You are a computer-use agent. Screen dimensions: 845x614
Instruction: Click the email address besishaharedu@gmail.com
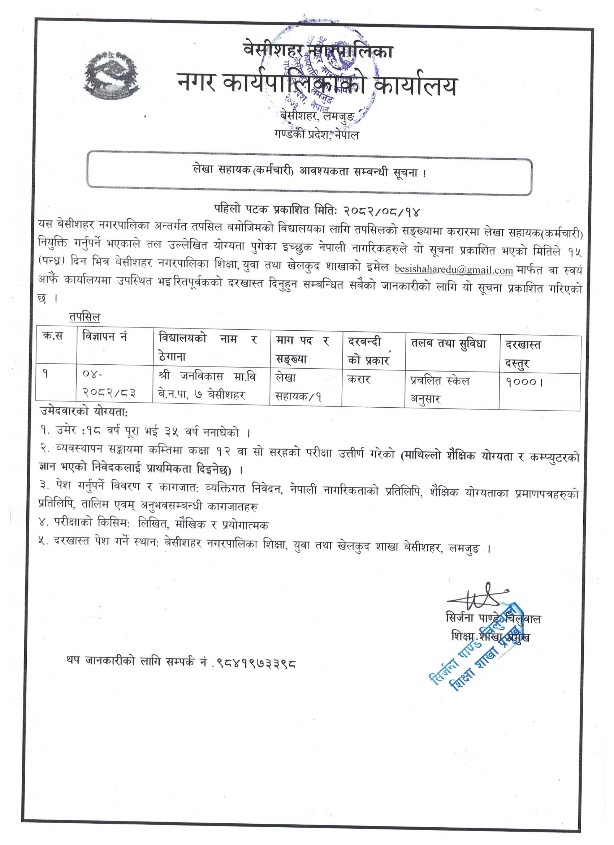click(x=454, y=269)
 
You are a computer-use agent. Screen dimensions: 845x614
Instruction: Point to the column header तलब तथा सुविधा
click(x=448, y=343)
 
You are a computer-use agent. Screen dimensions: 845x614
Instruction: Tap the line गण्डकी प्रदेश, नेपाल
click(x=316, y=135)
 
